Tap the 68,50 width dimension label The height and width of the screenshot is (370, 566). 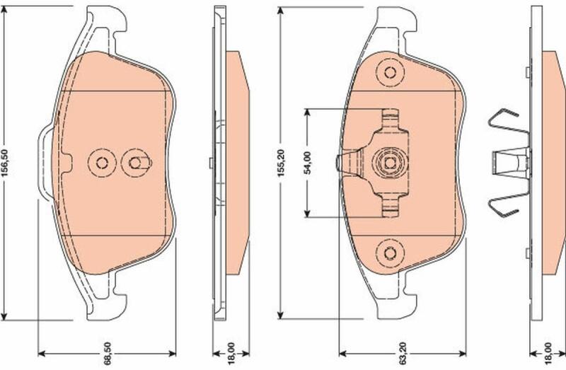(108, 353)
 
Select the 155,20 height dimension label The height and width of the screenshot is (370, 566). (281, 163)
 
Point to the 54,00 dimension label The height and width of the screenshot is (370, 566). (308, 163)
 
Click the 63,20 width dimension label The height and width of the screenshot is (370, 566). (403, 353)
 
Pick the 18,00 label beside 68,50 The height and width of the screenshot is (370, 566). (231, 353)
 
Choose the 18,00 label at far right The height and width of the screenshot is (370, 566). (548, 353)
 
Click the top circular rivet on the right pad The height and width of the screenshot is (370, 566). (390, 73)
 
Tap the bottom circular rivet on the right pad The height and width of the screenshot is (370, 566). (390, 253)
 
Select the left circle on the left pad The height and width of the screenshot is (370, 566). (102, 163)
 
